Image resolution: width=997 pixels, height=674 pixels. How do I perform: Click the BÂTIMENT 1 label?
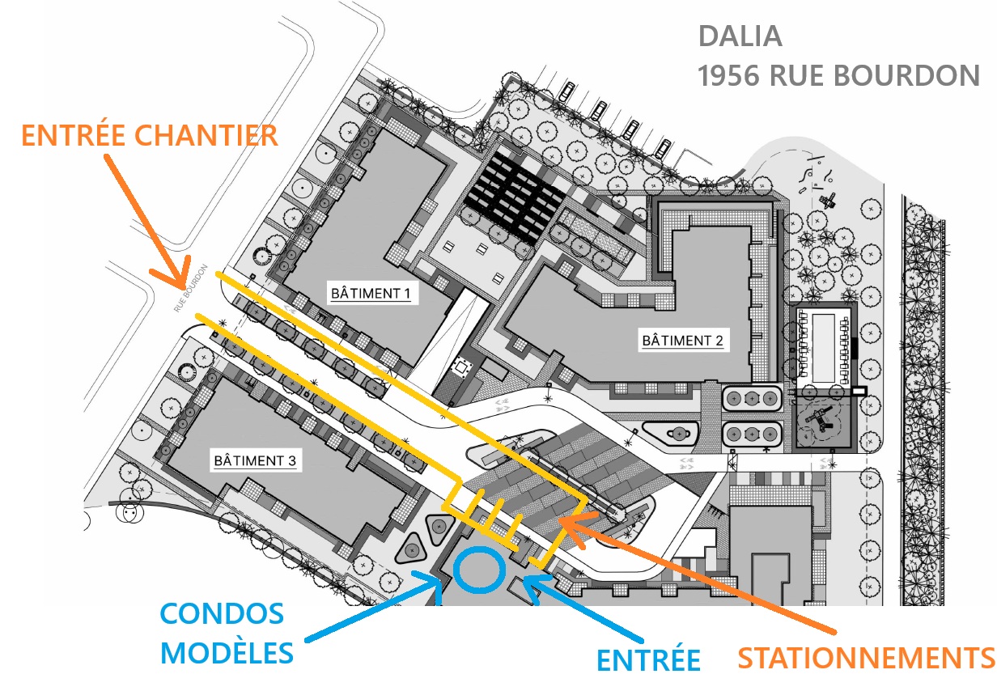[370, 293]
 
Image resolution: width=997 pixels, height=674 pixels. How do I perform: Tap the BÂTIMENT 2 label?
[681, 341]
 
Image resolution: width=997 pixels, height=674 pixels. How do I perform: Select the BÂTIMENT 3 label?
[255, 461]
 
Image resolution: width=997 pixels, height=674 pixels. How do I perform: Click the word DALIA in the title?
[740, 36]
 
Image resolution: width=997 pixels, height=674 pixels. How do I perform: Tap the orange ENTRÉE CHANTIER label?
[150, 134]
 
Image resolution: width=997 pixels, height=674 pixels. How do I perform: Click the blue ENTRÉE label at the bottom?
[648, 659]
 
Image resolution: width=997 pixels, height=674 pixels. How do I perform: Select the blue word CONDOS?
[223, 614]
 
